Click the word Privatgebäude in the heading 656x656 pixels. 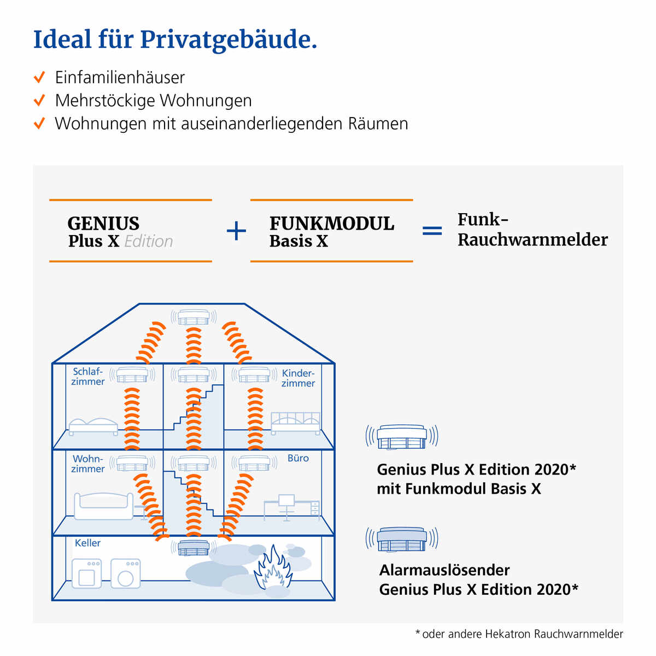click(x=228, y=40)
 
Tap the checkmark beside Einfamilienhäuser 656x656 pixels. click(x=39, y=77)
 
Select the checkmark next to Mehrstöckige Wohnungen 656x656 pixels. click(x=39, y=101)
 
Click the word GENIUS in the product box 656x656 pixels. click(x=103, y=223)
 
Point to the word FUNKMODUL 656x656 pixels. click(x=331, y=223)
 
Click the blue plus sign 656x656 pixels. click(x=236, y=231)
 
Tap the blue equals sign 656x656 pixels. click(x=432, y=231)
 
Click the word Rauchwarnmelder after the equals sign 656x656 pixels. click(x=532, y=239)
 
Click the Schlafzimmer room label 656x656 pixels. click(x=88, y=376)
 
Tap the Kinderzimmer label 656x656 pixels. click(x=298, y=378)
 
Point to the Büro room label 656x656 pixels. click(x=298, y=458)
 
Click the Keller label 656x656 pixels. click(x=87, y=543)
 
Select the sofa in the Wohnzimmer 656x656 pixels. click(x=103, y=506)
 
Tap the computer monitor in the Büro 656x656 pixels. click(x=286, y=500)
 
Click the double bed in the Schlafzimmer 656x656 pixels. click(x=93, y=426)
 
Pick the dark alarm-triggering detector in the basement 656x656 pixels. click(x=194, y=547)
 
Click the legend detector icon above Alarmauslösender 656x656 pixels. click(x=402, y=539)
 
